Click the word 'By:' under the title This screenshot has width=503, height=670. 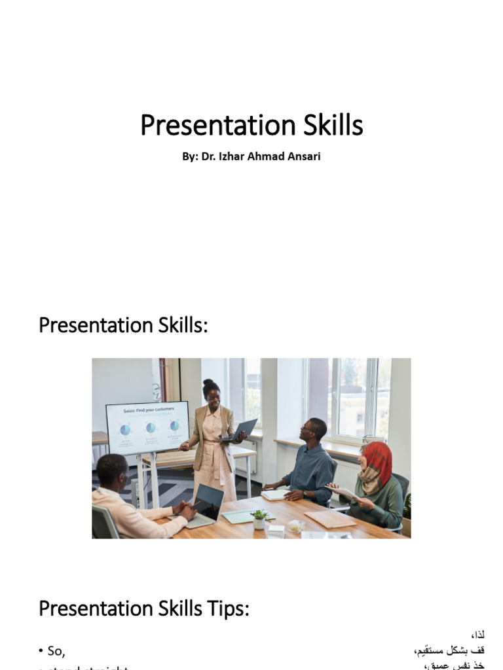pos(190,157)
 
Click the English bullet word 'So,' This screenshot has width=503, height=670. pos(56,650)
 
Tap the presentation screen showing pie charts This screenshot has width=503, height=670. pos(147,427)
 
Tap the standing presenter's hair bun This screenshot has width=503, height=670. pos(208,383)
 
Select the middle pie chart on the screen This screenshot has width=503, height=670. pos(151,427)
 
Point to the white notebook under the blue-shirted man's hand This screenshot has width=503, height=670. pos(275,495)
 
